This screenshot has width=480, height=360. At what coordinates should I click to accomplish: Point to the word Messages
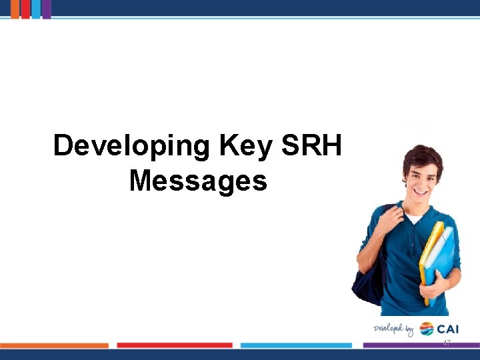point(198,181)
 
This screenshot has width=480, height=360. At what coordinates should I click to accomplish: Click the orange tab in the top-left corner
point(15,9)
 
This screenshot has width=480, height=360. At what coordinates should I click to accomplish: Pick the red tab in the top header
point(25,9)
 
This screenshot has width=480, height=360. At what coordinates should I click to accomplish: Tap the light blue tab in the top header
point(36,9)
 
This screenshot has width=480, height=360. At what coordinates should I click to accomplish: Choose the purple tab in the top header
point(47,9)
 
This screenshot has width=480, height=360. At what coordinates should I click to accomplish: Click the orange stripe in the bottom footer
point(54,345)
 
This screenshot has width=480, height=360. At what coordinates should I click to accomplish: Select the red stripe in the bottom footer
point(175,345)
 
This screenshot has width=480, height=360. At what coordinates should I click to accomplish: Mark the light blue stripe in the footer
point(296,345)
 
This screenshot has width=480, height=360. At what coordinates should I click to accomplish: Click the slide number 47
point(447,342)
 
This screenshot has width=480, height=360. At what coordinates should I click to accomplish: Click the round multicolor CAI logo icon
point(427,329)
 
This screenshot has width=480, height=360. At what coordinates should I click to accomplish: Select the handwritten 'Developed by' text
point(393,329)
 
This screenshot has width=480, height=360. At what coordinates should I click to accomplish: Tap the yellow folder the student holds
point(431,253)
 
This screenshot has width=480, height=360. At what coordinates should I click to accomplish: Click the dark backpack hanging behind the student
point(370,280)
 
